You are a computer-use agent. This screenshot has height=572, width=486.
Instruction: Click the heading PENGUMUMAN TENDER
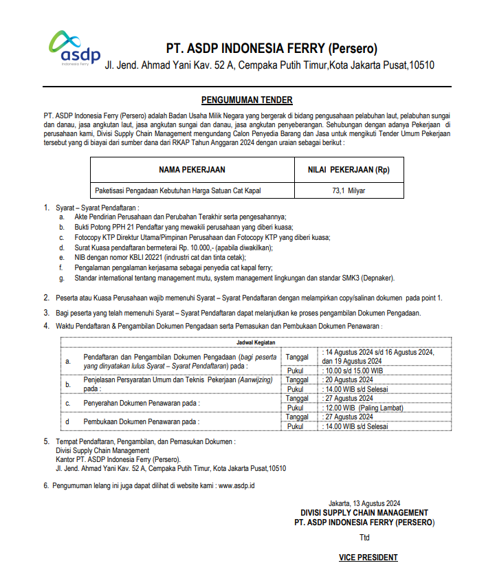pos(247,100)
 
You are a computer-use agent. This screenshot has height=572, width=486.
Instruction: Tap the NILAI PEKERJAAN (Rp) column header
pos(349,170)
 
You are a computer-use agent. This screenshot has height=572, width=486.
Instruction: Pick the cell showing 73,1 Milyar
pos(349,190)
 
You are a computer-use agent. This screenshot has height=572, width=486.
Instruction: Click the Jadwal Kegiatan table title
pos(256,341)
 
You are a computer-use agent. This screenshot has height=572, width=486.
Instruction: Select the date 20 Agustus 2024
pos(349,379)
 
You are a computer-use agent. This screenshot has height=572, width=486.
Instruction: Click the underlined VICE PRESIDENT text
pos(368,558)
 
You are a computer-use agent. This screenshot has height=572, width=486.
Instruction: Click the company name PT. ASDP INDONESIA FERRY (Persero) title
pos(272,49)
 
